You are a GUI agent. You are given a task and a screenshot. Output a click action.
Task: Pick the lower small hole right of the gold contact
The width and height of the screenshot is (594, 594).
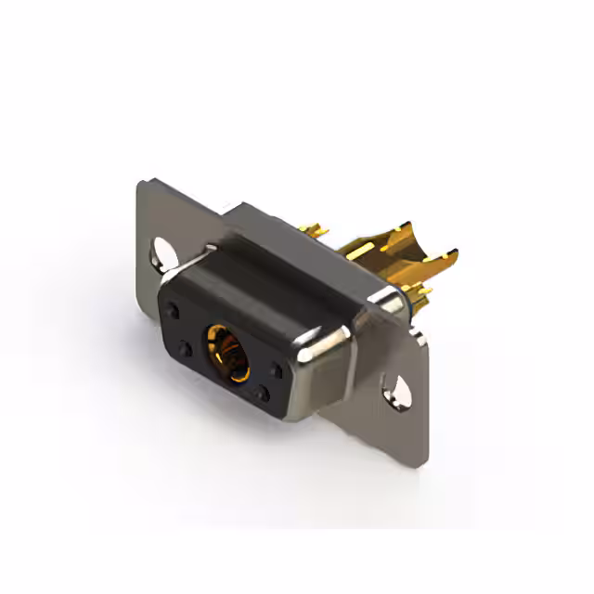263,394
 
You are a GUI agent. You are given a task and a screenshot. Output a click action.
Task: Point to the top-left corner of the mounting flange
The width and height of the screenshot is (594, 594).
141,186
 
